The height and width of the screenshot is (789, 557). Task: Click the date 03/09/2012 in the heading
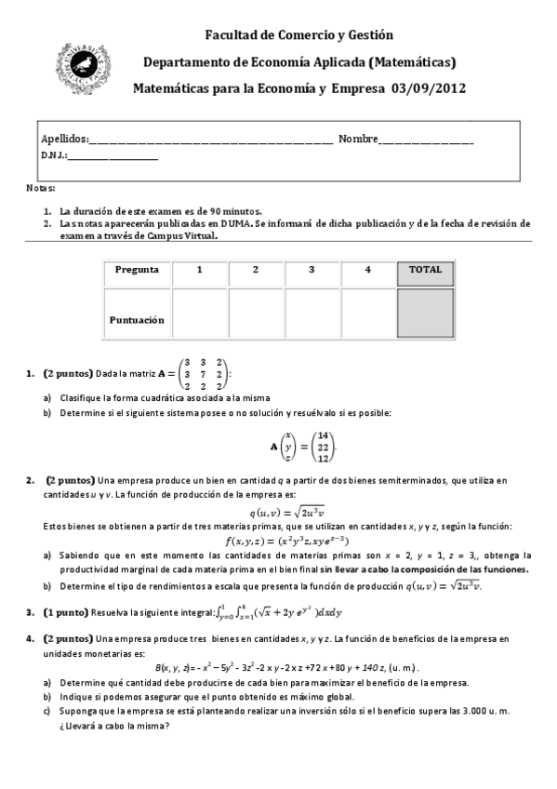(x=428, y=88)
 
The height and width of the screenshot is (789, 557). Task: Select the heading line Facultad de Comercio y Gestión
(x=299, y=35)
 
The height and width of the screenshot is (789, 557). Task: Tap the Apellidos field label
(x=64, y=140)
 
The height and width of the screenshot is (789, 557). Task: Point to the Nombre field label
(x=358, y=140)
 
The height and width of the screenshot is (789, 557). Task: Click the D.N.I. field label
(x=54, y=156)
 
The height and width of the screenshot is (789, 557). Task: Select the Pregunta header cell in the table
(x=137, y=270)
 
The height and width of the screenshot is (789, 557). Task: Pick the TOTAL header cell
(x=425, y=270)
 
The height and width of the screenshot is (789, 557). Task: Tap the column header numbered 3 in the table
(x=312, y=270)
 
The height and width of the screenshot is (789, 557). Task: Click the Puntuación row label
(x=137, y=318)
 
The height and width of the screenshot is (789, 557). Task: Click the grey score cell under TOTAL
(x=425, y=313)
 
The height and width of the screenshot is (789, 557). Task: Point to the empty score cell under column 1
(x=200, y=313)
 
